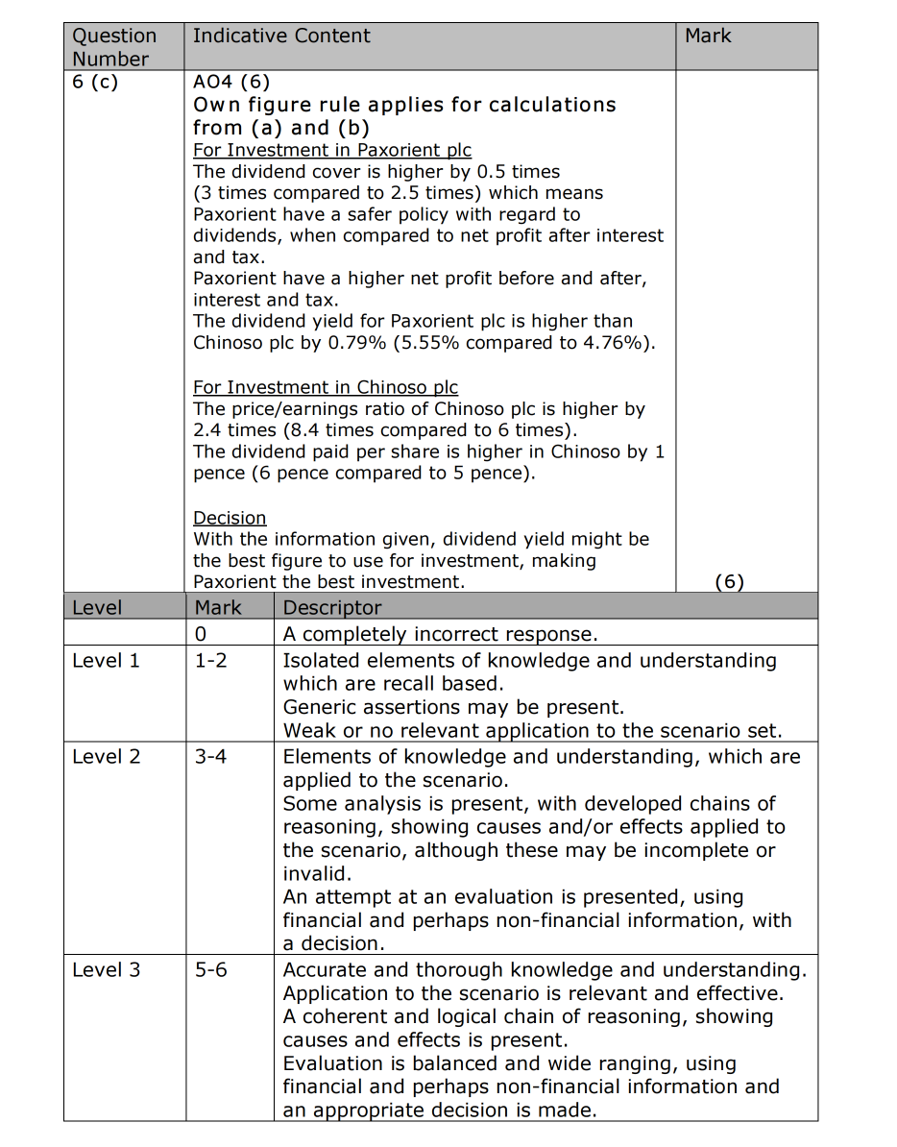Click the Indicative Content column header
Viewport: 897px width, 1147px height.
[x=280, y=37]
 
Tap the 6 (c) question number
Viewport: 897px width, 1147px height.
[x=95, y=82]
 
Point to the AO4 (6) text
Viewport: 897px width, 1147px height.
[x=231, y=83]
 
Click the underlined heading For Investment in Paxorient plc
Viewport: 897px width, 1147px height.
[x=332, y=151]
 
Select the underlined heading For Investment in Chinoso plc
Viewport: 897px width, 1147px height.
[x=326, y=388]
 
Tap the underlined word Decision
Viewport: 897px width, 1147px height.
[x=230, y=519]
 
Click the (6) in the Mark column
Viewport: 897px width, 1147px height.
[x=730, y=582]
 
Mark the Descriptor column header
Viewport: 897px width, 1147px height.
[x=331, y=608]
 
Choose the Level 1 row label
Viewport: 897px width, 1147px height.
[x=106, y=661]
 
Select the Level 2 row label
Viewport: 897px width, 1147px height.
[x=106, y=757]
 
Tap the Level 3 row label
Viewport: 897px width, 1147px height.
[x=106, y=970]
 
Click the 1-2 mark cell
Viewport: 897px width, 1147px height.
[x=211, y=661]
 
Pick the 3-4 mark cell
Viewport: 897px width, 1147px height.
[x=211, y=757]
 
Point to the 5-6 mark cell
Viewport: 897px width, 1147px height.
[x=211, y=970]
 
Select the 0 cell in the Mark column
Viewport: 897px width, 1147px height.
[x=201, y=634]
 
